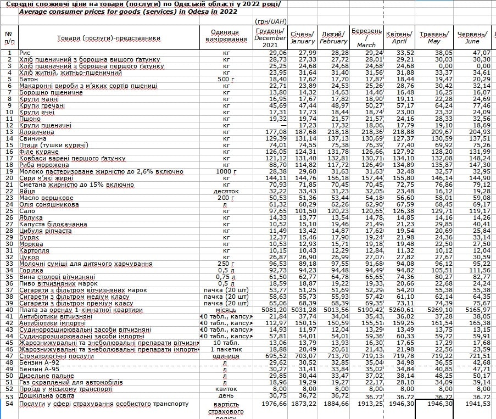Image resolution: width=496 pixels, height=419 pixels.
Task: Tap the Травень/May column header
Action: pyautogui.click(x=434, y=37)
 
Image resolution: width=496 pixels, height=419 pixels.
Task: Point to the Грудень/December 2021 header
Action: pyautogui.click(x=270, y=37)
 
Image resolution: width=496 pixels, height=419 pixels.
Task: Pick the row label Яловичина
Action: pyautogui.click(x=37, y=132)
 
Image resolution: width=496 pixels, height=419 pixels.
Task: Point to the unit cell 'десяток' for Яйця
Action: pyautogui.click(x=226, y=191)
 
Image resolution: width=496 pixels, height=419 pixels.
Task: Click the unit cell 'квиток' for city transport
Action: pyautogui.click(x=226, y=389)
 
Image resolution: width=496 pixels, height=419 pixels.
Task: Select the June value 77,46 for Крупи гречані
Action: pyautogui.click(x=479, y=105)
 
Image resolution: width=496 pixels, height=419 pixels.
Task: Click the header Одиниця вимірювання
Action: pyautogui.click(x=226, y=36)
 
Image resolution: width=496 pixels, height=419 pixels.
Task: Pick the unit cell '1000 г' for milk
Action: pyautogui.click(x=226, y=171)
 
